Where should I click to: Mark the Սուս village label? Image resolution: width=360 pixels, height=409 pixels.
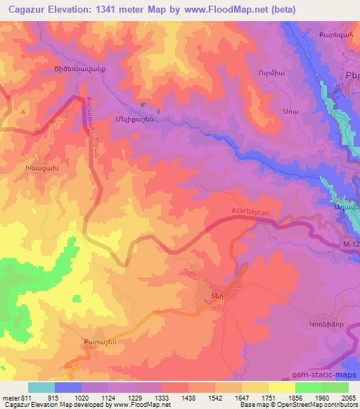point(270,112)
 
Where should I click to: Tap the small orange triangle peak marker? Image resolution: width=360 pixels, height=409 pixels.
point(24,111)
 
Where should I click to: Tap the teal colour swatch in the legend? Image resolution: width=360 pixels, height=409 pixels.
point(41,387)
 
